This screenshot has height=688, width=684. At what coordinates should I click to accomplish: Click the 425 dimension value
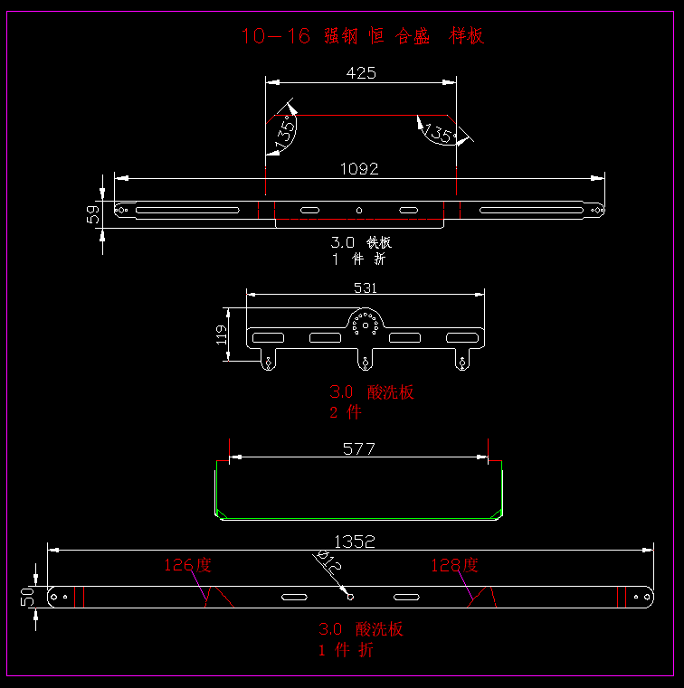click(x=361, y=73)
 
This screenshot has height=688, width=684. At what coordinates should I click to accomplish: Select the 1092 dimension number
click(x=359, y=168)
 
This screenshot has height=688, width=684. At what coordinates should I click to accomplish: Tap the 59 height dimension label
click(x=92, y=215)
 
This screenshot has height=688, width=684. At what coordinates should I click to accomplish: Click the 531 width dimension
click(x=365, y=287)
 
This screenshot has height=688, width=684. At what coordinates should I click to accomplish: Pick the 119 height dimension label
click(x=222, y=335)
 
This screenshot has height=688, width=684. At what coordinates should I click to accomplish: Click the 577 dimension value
click(x=359, y=448)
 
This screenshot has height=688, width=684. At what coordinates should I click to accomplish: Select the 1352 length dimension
click(x=354, y=542)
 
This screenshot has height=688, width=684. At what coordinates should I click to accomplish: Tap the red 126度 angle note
click(x=187, y=565)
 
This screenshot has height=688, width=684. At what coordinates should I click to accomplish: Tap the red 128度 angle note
click(x=454, y=565)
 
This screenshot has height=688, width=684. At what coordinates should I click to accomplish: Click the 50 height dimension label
click(x=27, y=598)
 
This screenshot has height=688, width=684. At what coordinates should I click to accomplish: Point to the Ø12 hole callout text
click(x=328, y=563)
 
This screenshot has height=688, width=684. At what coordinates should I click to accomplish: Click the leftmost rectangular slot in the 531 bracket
click(x=268, y=338)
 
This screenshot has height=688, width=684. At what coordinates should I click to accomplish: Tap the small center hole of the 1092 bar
click(x=358, y=211)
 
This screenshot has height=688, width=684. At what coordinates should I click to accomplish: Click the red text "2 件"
click(x=345, y=412)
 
